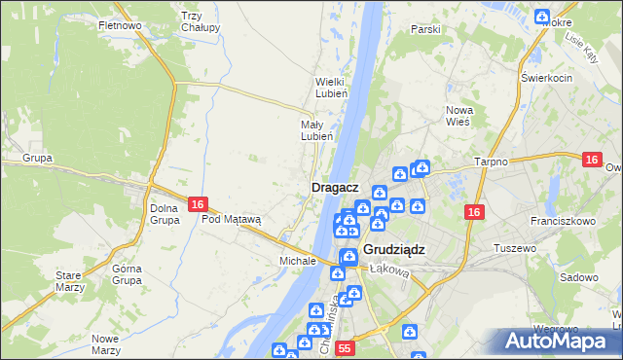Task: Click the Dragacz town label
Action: coord(336,187)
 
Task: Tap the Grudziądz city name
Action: coord(394,249)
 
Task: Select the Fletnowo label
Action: coord(121,24)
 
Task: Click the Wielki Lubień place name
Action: coord(330,88)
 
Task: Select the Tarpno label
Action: coord(492,162)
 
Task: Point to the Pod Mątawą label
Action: coord(232,219)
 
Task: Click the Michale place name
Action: coord(298,261)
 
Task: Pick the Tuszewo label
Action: coord(516,248)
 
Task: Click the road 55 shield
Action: coord(344,347)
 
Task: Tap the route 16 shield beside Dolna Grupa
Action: coord(198,204)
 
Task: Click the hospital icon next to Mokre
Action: coord(543,16)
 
